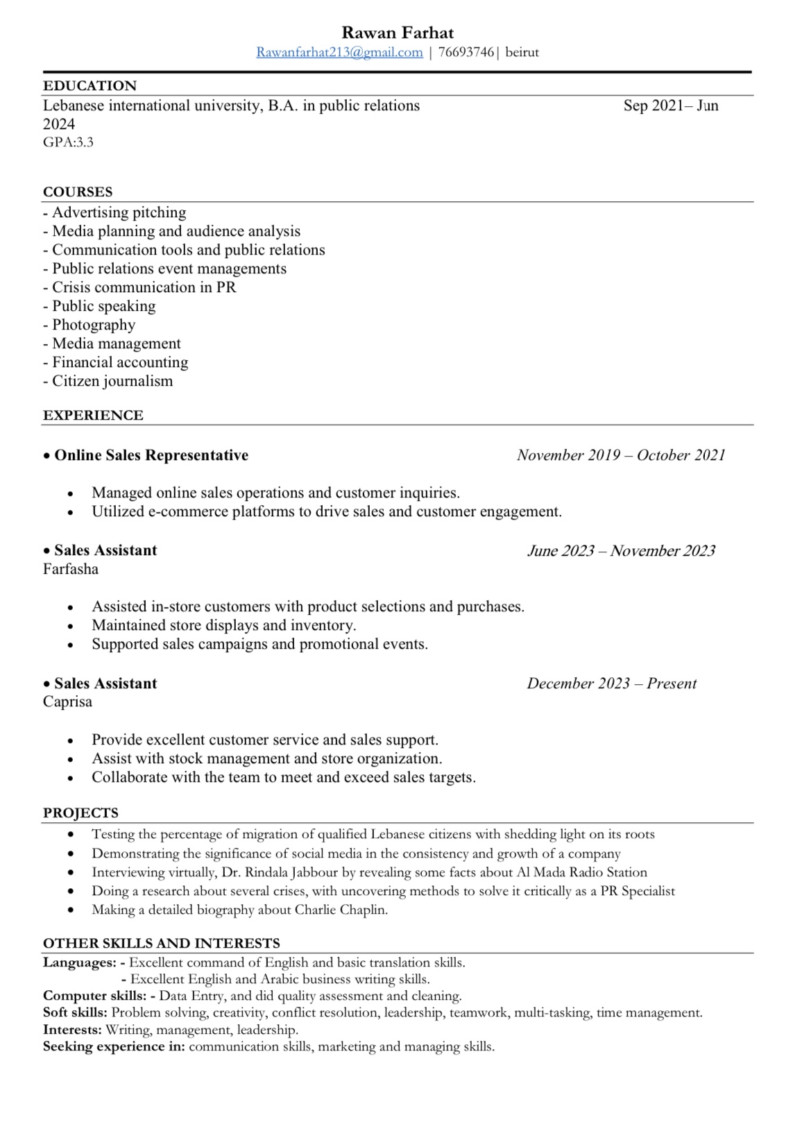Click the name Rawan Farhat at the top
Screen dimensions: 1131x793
(398, 33)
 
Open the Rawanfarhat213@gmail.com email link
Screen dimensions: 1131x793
(339, 52)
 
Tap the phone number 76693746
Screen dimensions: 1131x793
(466, 52)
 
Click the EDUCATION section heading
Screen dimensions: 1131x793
(89, 85)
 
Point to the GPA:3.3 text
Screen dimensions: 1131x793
(68, 142)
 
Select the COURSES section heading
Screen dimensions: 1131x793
(78, 192)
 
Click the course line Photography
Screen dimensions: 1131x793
(93, 325)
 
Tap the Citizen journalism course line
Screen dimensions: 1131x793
(112, 381)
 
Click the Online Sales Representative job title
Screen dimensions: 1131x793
(151, 455)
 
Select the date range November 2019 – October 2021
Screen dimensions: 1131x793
(621, 455)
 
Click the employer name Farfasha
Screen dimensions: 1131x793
(71, 569)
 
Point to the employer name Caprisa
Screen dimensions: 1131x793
(67, 701)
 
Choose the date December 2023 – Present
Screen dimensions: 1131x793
(611, 683)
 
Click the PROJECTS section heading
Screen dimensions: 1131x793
(80, 813)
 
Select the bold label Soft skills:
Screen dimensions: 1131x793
(75, 1012)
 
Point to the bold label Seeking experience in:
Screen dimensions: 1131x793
(114, 1046)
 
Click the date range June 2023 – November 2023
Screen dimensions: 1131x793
(621, 551)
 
